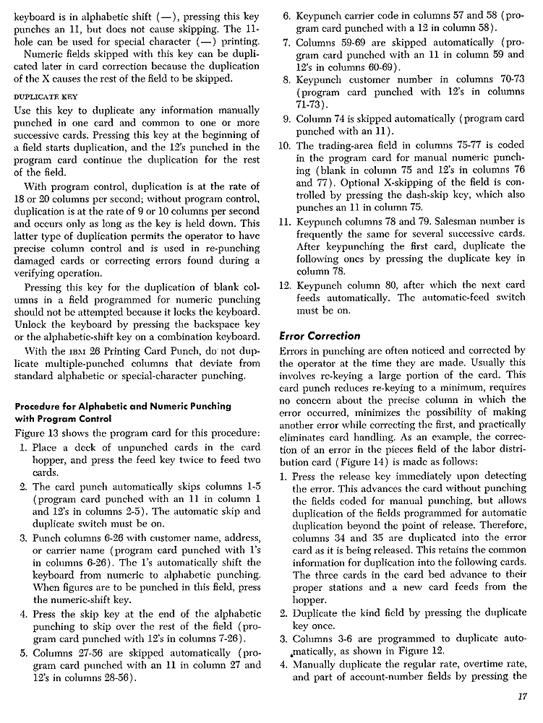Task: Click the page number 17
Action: click(523, 696)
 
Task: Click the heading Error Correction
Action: click(319, 336)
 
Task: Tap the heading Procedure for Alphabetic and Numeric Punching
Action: click(123, 406)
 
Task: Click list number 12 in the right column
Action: click(284, 285)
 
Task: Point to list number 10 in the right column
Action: click(284, 146)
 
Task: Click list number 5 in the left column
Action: click(23, 651)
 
